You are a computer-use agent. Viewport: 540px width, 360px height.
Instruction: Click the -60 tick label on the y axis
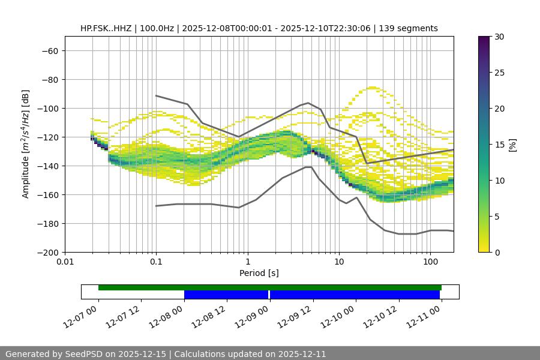[49, 50]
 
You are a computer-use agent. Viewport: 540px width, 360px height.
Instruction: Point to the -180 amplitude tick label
[46, 223]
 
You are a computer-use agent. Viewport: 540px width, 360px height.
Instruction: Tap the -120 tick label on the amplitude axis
[46, 137]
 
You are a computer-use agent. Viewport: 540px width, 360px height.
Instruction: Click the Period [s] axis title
[259, 273]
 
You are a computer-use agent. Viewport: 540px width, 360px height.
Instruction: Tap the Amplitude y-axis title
[26, 144]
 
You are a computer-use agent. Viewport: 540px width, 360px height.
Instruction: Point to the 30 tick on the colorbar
[499, 37]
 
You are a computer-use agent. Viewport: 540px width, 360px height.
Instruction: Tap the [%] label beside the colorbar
[512, 145]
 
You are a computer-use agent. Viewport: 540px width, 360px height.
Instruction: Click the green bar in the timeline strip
[270, 287]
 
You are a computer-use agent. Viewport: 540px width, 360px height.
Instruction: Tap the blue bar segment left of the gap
[226, 295]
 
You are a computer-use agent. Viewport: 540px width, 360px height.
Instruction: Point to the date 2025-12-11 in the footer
[302, 354]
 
